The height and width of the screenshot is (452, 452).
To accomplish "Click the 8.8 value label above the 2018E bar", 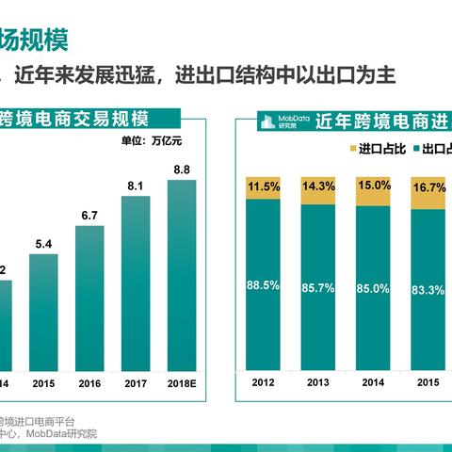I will point(181,169).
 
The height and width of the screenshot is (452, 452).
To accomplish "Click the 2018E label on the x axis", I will point(181,383).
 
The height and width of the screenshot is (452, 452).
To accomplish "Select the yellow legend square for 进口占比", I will point(352,150).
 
